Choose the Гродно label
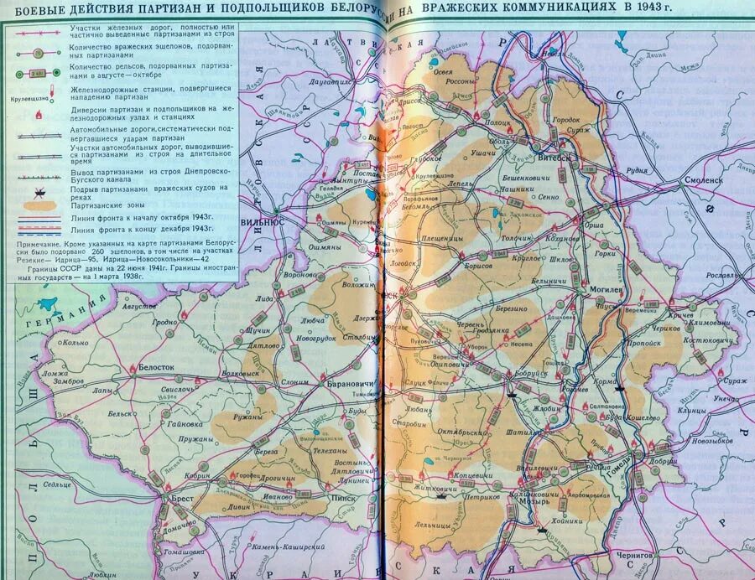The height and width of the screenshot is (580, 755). point(165,322)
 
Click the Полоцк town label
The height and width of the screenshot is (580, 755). point(497,122)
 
